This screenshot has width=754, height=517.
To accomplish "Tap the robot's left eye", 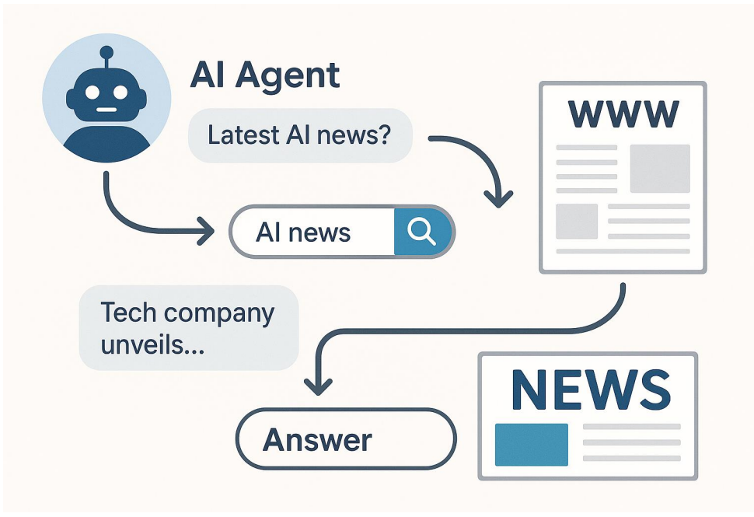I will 93,93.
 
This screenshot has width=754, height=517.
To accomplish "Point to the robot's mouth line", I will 107,110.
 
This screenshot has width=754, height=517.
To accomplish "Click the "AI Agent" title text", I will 265,75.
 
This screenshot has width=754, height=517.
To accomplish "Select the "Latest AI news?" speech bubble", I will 299,136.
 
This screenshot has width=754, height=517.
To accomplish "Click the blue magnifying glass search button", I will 422,231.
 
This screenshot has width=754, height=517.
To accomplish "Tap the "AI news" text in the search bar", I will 303,232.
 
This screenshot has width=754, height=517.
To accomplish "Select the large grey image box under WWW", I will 659,168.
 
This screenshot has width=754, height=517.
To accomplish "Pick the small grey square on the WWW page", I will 576,221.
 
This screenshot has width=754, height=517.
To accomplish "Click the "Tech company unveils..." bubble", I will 188,327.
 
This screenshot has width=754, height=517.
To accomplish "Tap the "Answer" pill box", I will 345,440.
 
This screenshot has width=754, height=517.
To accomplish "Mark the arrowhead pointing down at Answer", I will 317,384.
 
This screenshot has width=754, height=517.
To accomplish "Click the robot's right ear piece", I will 146,98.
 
